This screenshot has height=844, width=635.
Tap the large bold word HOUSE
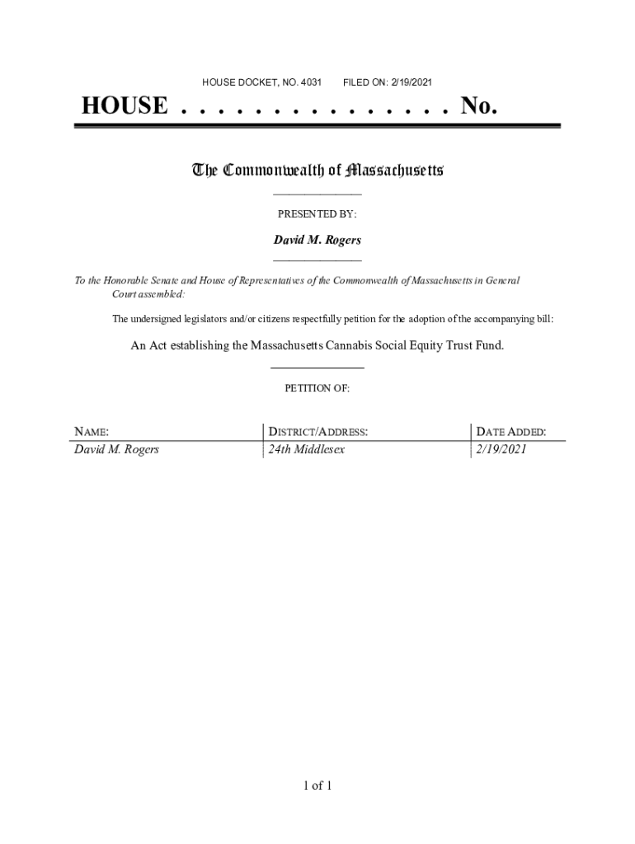pyautogui.click(x=124, y=106)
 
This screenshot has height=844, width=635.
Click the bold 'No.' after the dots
pyautogui.click(x=479, y=106)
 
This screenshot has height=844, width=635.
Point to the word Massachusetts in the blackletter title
pyautogui.click(x=395, y=171)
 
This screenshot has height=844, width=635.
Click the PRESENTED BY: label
pyautogui.click(x=317, y=214)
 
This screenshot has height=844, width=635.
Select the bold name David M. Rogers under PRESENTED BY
pyautogui.click(x=317, y=241)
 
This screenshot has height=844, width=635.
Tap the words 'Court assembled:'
pyautogui.click(x=148, y=294)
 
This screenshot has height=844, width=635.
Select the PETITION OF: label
pyautogui.click(x=317, y=388)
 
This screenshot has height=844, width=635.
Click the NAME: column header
pyautogui.click(x=92, y=432)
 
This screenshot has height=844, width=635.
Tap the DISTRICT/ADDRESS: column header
pyautogui.click(x=317, y=432)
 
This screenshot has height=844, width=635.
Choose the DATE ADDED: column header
pyautogui.click(x=510, y=432)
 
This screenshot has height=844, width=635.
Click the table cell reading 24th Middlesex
pyautogui.click(x=306, y=450)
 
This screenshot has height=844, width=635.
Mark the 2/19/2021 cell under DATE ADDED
pyautogui.click(x=501, y=450)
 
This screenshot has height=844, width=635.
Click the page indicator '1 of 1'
pyautogui.click(x=317, y=785)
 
